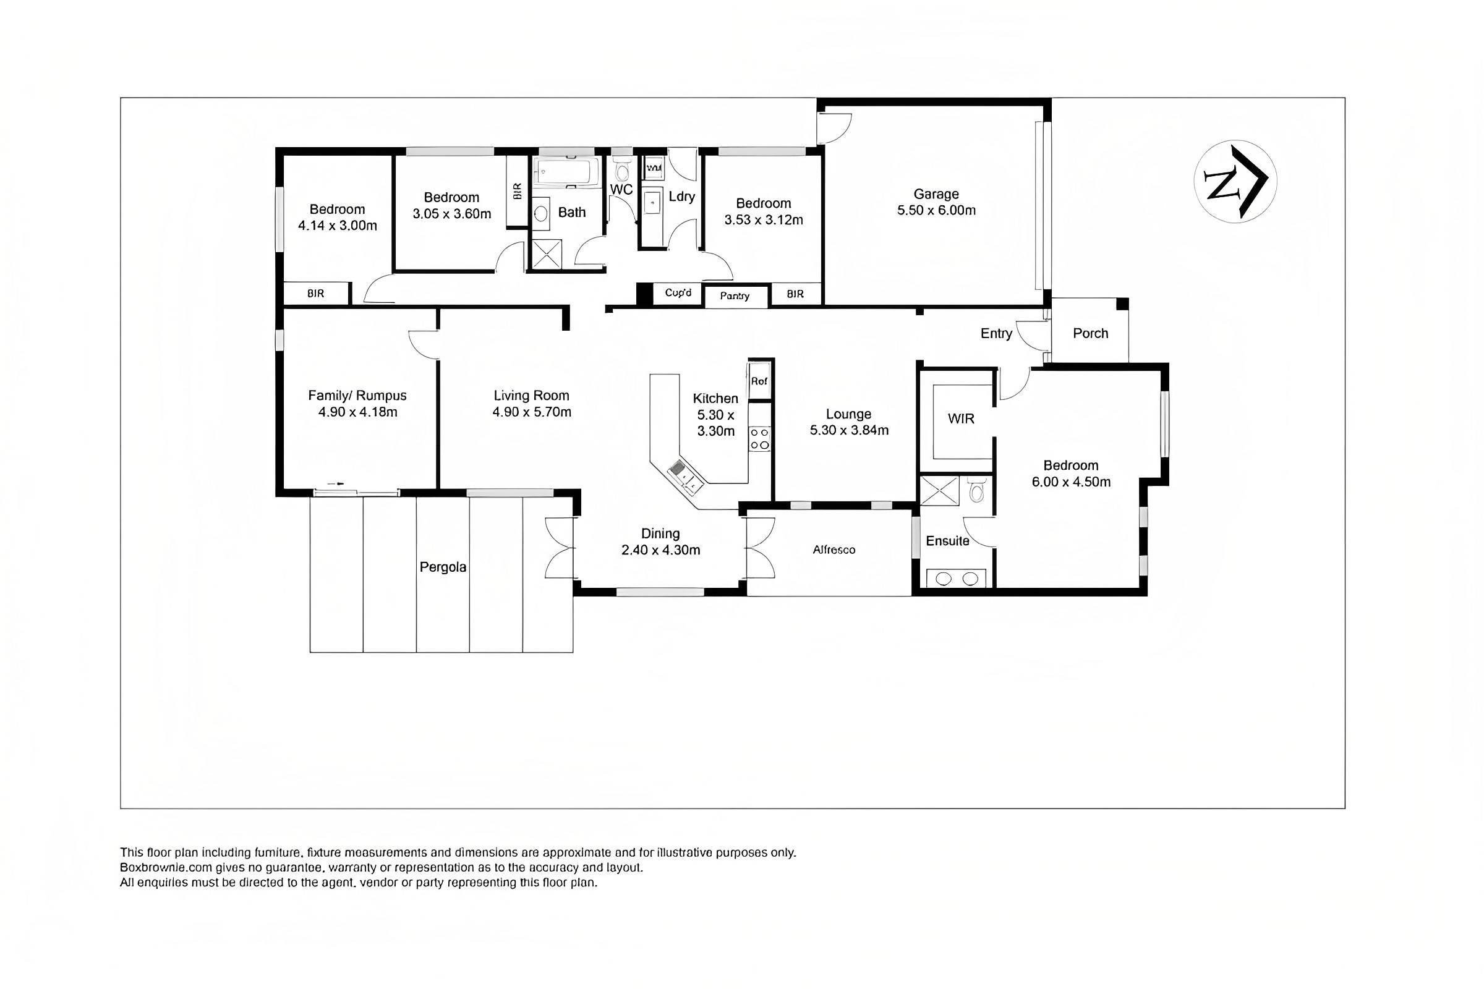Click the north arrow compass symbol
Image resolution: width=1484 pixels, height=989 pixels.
tap(1235, 180)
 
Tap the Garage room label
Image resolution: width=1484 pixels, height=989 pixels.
tap(936, 193)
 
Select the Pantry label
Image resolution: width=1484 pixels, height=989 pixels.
tap(735, 296)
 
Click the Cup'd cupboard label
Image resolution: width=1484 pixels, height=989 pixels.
tap(678, 292)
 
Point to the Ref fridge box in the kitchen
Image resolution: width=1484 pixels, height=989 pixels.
tap(759, 381)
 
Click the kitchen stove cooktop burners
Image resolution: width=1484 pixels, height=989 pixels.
tap(759, 439)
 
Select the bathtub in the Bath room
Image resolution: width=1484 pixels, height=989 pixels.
tap(566, 172)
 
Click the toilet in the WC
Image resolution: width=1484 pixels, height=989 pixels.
tap(621, 169)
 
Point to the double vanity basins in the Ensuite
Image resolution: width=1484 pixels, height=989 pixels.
tap(957, 578)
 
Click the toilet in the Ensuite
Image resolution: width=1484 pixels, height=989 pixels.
tap(976, 490)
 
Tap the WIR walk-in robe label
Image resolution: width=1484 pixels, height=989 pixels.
tap(961, 418)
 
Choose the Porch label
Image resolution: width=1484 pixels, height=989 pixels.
tap(1090, 333)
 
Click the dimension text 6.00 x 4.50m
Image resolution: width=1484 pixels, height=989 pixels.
tap(1071, 482)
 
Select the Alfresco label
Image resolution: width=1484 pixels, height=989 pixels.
tap(834, 550)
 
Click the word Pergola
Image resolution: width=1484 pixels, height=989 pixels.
tap(443, 567)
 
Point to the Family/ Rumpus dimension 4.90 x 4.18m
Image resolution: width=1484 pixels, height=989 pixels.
tap(357, 412)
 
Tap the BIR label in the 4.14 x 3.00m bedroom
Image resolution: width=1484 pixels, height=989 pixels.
tap(315, 293)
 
